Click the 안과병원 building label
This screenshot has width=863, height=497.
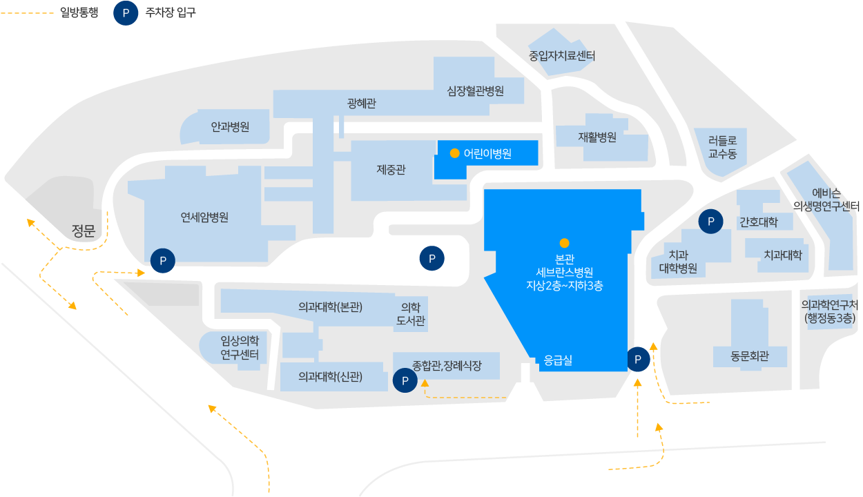click(230, 127)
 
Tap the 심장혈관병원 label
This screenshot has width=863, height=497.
click(475, 91)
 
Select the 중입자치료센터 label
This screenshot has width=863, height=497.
click(561, 56)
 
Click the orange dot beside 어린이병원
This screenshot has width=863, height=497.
click(454, 153)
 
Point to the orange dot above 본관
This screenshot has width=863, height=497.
click(564, 243)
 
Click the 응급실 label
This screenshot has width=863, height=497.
click(558, 360)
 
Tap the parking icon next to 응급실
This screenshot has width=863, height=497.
click(638, 359)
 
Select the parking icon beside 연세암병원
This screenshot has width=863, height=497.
click(163, 261)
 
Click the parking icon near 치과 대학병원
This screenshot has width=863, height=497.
click(710, 222)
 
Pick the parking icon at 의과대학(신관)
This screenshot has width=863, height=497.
click(405, 380)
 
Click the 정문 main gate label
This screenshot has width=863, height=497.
click(83, 231)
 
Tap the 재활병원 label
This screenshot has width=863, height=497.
click(597, 137)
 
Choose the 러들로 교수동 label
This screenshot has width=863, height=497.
click(722, 147)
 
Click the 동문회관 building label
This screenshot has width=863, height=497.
click(749, 357)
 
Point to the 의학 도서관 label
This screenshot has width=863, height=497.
click(410, 314)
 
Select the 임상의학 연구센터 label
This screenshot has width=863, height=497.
click(240, 347)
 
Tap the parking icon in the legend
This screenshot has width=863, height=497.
click(126, 12)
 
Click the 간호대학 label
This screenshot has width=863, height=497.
click(758, 222)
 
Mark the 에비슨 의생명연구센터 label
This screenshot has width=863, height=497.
click(826, 199)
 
